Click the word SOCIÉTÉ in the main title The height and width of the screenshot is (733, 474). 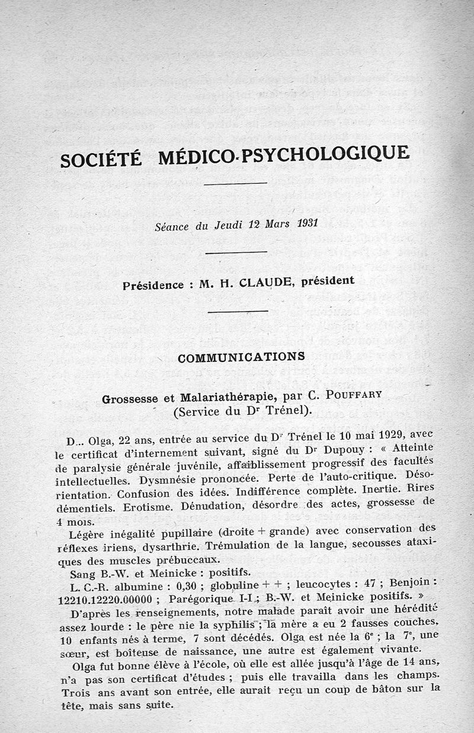coord(101,158)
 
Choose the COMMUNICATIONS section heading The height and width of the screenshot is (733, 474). coord(241,357)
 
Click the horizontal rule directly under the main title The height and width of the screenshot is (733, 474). coord(235,183)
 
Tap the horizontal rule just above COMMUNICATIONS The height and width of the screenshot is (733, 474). coord(235,311)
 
